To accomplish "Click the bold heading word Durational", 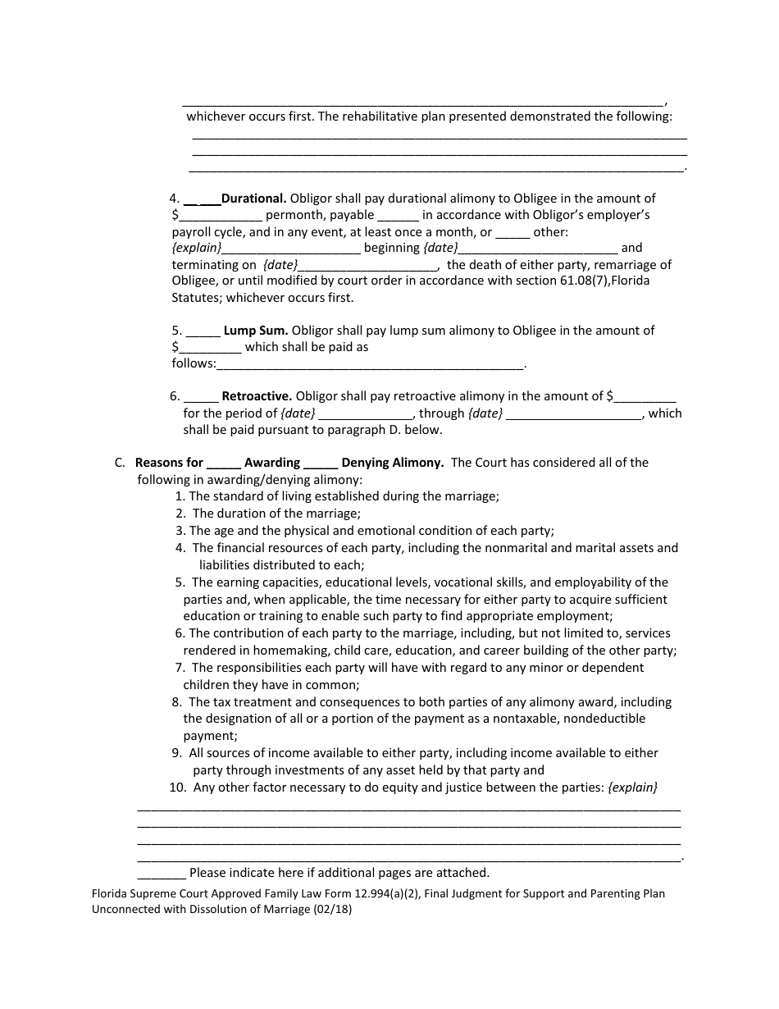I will point(253,199).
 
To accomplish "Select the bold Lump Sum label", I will point(255,331).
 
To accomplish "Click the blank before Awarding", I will point(224,463).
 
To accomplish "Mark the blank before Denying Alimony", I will point(321,463).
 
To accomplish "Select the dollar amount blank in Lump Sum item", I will point(210,348).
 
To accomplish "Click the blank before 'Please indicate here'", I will point(162,874).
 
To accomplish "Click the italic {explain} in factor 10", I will point(632,788).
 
